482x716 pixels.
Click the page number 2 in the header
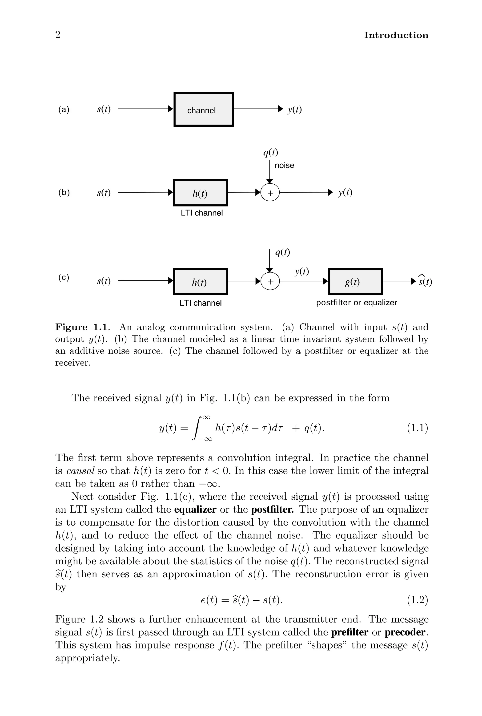click(58, 35)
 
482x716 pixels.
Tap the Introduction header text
click(396, 35)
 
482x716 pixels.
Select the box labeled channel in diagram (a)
click(204, 109)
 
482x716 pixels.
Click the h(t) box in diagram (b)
click(201, 193)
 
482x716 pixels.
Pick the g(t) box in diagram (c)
click(355, 282)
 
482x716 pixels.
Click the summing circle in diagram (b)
click(270, 193)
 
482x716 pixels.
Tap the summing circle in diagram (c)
click(270, 282)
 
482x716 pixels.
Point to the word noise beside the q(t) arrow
click(284, 165)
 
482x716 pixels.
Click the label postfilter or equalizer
click(357, 303)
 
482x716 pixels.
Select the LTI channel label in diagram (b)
click(202, 213)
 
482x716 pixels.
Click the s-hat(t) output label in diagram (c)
click(425, 281)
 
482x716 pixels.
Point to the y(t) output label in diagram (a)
click(294, 109)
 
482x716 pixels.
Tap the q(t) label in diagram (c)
click(282, 252)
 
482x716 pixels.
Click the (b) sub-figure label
click(64, 193)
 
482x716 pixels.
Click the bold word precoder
click(406, 632)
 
